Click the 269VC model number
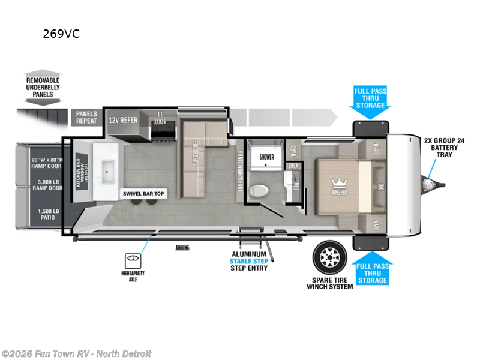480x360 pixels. point(61,34)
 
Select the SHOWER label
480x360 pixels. point(266,157)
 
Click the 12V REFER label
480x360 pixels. point(123,121)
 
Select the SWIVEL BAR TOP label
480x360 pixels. point(143,193)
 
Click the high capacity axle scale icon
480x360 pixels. point(132,260)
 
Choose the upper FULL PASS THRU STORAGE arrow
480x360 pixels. point(370,98)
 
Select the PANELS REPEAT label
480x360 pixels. point(86,117)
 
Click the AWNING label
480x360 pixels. point(183,248)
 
